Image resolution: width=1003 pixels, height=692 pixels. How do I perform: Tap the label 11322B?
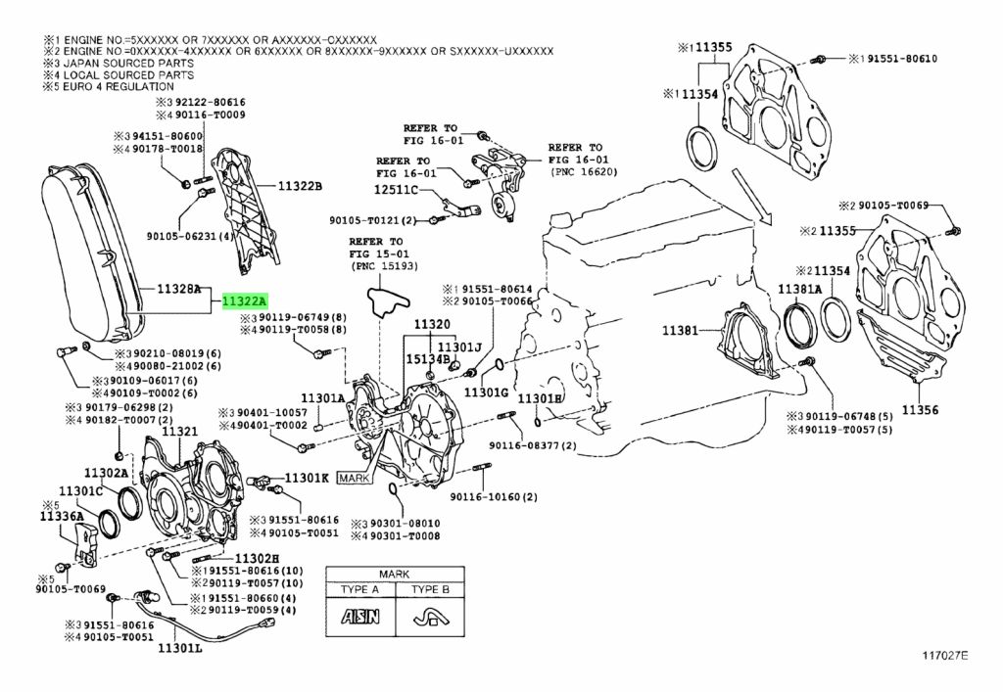[300, 186]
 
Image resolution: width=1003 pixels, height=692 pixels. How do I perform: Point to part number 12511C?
[395, 189]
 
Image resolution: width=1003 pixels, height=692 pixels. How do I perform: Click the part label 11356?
[920, 411]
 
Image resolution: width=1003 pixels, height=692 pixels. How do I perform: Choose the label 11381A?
[799, 290]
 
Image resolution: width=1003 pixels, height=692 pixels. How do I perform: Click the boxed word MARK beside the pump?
[353, 478]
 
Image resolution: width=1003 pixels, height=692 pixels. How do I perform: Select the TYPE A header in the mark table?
[359, 590]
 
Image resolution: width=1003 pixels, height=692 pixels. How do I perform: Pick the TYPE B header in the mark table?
[430, 590]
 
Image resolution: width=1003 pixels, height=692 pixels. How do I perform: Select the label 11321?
[179, 432]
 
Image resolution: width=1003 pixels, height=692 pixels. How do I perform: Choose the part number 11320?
[431, 324]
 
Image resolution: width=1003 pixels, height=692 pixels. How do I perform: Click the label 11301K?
[308, 479]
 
